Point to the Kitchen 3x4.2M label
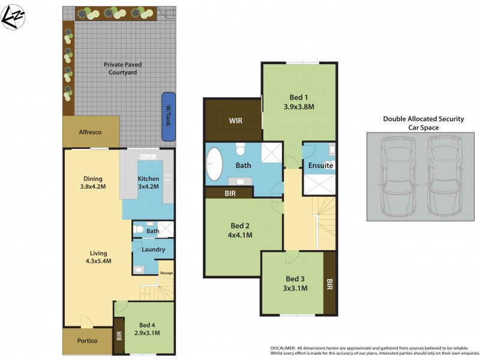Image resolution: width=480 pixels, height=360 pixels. [148, 182]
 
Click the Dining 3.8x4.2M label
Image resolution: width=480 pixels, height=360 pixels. [93, 182]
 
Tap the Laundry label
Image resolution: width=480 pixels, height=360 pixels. [152, 249]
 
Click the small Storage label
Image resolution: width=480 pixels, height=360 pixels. [166, 274]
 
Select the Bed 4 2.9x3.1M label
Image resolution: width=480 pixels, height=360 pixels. [147, 329]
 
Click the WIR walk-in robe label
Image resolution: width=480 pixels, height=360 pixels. [236, 121]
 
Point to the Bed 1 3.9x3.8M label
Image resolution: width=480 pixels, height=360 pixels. [299, 102]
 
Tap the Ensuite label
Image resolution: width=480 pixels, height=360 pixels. [320, 166]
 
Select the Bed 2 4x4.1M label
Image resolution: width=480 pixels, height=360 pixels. [240, 230]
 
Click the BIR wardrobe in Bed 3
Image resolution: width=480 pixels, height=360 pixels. [329, 282]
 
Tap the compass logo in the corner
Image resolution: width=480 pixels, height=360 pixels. [13, 16]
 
